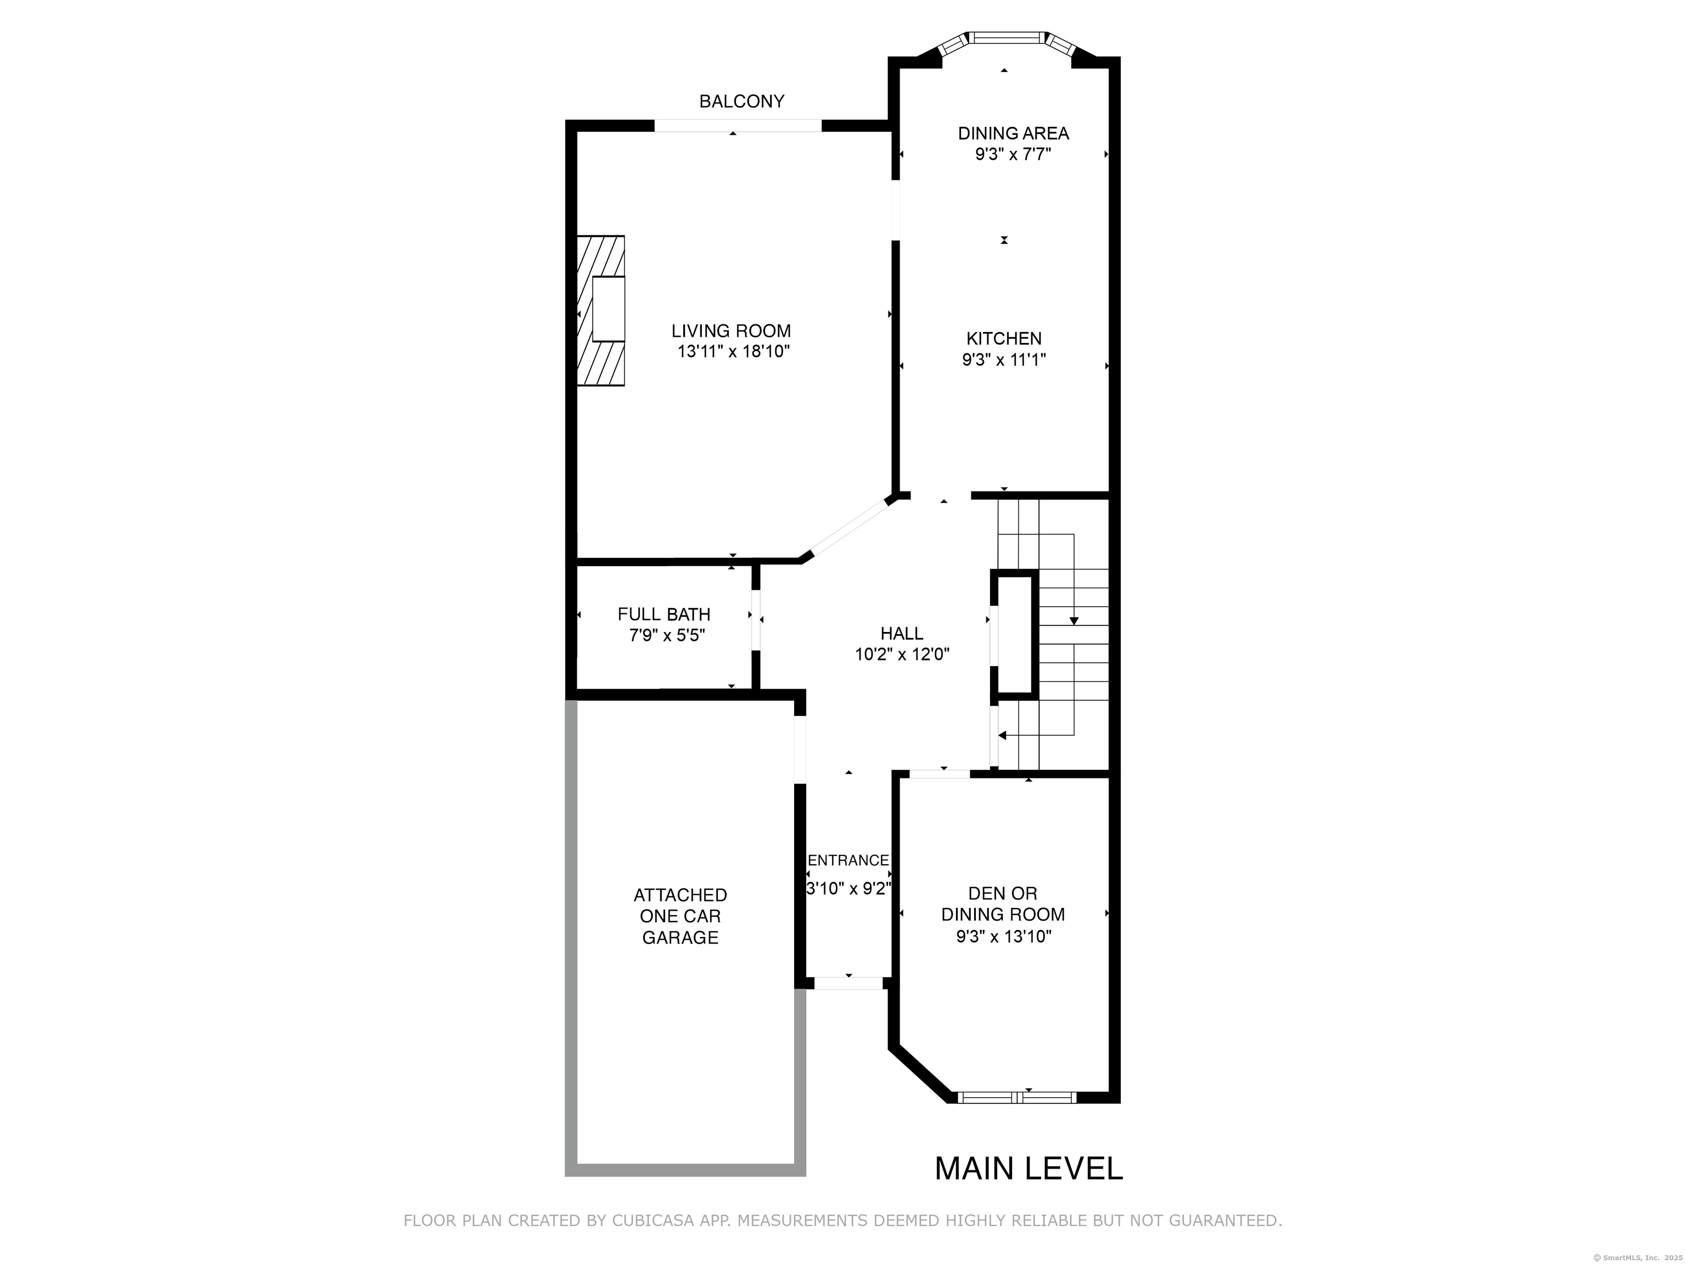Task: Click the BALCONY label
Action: [741, 101]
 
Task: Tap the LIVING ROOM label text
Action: [731, 331]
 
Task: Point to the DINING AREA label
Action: [1013, 133]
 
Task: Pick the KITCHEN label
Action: [1004, 338]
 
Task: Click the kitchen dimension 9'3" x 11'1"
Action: [1004, 360]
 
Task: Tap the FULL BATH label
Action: [664, 614]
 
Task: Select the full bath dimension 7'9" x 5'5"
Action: [667, 635]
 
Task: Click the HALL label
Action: [902, 633]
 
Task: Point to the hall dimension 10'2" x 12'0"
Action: [902, 654]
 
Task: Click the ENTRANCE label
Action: [848, 860]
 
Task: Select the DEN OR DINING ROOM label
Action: [1003, 904]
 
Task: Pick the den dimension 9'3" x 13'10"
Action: [1004, 935]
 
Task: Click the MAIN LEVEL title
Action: [1029, 1169]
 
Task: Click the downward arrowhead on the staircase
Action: [1074, 621]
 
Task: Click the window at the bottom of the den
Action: [1017, 1097]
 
